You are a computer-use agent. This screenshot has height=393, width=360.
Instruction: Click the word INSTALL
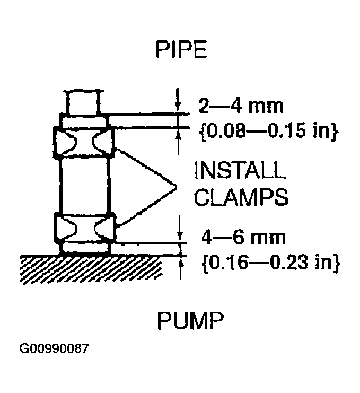pos(239,171)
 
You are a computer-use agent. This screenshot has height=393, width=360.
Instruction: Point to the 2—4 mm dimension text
pos(241,105)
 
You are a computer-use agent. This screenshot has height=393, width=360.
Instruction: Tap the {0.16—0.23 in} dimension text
pos(270,262)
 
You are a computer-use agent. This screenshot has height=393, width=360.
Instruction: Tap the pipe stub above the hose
pos(82,102)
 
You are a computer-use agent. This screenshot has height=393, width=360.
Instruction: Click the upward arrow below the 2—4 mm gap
pos(178,136)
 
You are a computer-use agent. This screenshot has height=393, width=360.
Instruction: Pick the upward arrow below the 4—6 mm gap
pos(181,262)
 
